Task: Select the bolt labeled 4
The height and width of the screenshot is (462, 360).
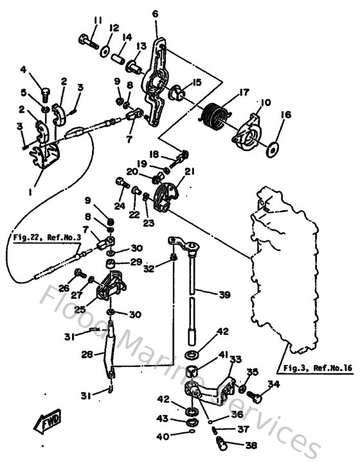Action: tap(45, 94)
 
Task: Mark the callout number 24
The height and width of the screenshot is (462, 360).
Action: tap(119, 206)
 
